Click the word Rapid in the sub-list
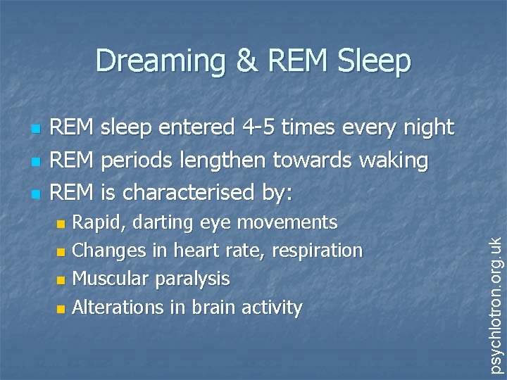point(97,223)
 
